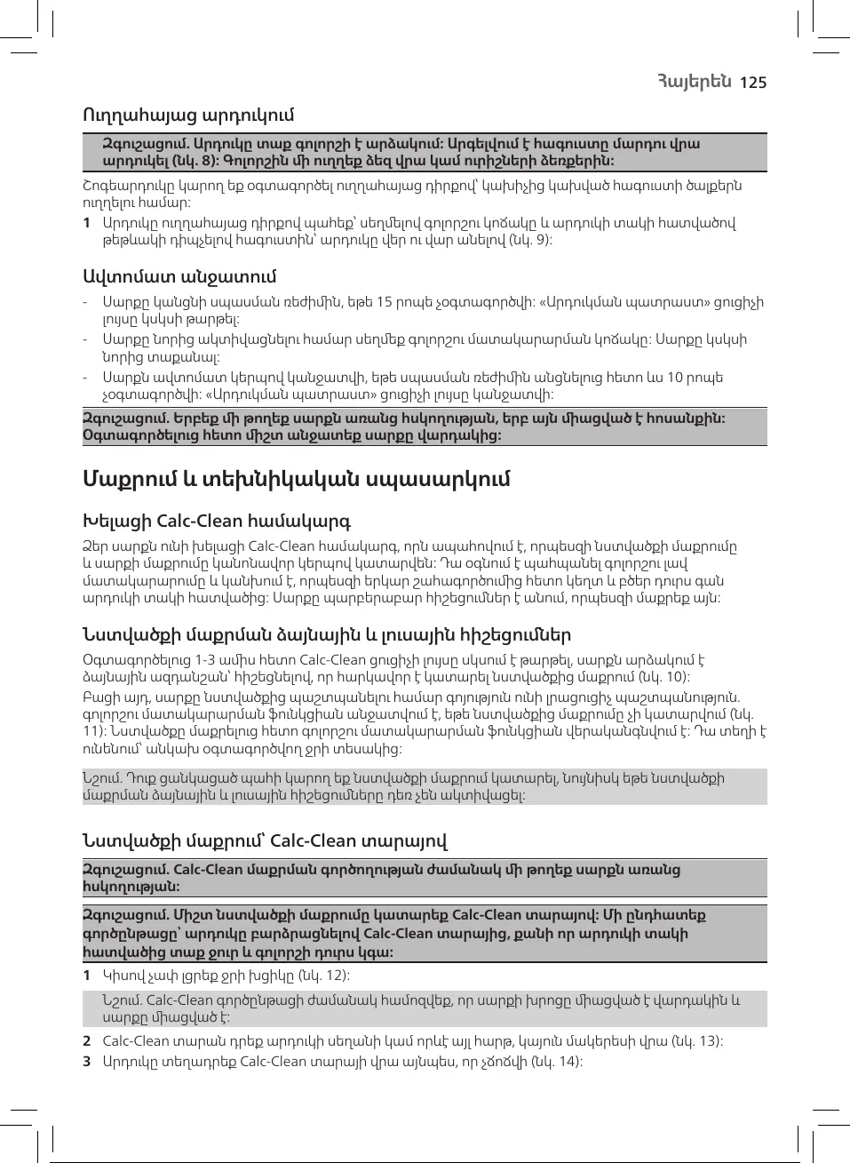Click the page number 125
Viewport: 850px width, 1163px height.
752,83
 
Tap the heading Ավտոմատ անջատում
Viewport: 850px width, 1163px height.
179,276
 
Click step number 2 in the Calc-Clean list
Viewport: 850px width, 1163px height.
87,1041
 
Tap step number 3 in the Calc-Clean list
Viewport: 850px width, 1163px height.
87,1062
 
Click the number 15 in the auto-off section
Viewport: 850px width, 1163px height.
385,302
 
